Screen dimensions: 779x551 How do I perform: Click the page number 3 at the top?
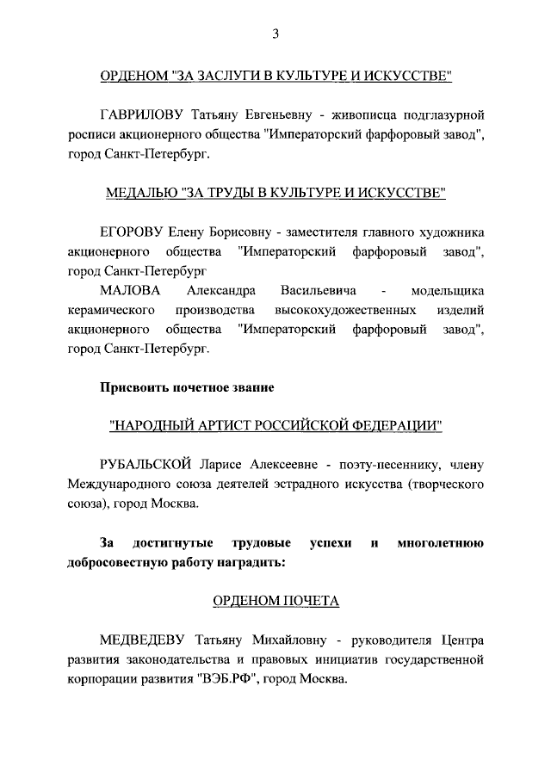(x=275, y=34)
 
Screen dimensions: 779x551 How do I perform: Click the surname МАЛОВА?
(x=130, y=290)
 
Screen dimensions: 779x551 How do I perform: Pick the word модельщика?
(x=448, y=290)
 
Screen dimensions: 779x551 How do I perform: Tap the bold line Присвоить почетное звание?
(x=188, y=388)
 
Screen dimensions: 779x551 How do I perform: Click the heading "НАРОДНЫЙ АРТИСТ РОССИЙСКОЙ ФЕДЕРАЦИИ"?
(x=275, y=426)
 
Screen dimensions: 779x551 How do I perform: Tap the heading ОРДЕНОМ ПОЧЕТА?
(x=275, y=601)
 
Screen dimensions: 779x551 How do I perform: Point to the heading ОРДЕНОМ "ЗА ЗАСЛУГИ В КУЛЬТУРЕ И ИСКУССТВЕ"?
(x=275, y=75)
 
